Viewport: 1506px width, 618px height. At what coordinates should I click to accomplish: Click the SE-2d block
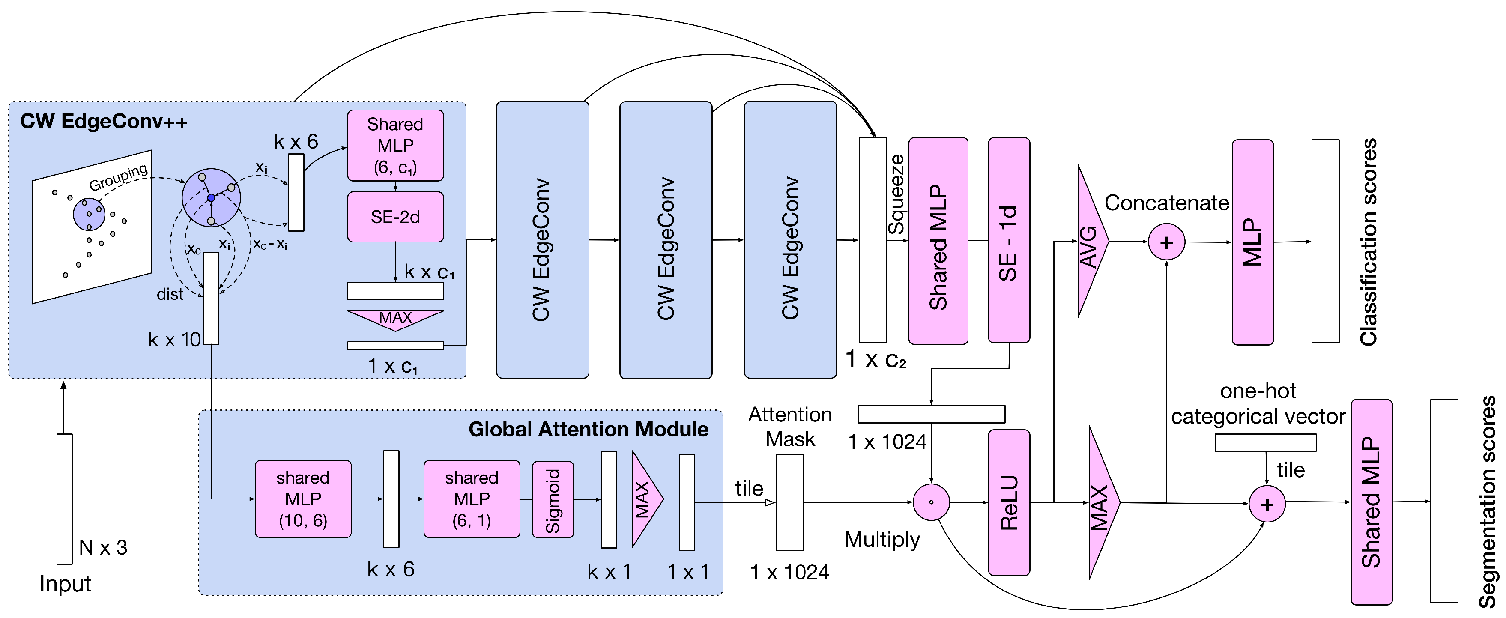(395, 217)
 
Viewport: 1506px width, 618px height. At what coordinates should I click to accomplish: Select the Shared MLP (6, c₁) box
(395, 146)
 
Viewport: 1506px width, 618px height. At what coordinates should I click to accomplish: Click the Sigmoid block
(553, 499)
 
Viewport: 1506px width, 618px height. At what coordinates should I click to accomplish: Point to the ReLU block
(1008, 502)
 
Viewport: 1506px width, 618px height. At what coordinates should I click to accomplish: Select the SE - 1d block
(1008, 240)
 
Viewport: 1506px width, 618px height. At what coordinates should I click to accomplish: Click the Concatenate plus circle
(1166, 242)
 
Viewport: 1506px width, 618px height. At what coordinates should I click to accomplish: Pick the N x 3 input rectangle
(64, 499)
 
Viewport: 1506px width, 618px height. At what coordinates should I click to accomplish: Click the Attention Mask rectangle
(789, 502)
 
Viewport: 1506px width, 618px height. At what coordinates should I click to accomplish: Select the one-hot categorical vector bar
(1265, 442)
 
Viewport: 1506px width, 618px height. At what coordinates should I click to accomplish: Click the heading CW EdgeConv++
(104, 122)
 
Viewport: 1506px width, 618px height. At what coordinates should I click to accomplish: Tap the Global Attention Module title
(588, 429)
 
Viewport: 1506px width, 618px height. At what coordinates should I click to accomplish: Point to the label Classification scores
(1368, 242)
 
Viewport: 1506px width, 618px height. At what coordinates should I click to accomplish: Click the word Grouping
(119, 177)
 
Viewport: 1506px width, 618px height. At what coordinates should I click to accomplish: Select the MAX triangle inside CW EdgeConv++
(395, 319)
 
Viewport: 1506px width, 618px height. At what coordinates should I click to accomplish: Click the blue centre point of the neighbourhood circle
(211, 198)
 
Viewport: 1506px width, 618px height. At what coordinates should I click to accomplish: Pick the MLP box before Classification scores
(1252, 242)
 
